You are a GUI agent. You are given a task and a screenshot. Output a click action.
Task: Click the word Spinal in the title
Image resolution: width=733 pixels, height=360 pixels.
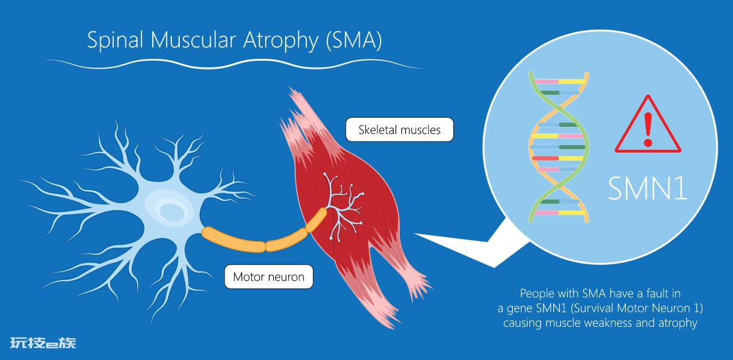[x=115, y=41]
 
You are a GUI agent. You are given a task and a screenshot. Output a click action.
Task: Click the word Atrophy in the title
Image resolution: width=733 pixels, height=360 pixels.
[x=281, y=41]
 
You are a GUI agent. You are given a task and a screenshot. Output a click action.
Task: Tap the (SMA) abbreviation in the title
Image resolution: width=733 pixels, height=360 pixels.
[x=354, y=41]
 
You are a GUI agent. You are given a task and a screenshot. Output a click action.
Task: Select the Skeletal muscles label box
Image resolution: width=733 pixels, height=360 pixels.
[x=400, y=129]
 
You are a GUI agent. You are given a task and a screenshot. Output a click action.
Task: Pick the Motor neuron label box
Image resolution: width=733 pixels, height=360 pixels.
[x=269, y=276]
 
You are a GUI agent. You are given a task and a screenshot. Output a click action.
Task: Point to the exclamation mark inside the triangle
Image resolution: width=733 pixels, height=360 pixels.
[x=648, y=130]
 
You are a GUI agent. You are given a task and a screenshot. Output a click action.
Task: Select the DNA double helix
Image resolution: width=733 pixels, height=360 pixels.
[x=559, y=147]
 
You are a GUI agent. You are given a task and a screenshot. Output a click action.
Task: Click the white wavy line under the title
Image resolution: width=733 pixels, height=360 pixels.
[x=234, y=64]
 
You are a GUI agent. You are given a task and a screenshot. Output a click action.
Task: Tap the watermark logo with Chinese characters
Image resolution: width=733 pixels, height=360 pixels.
[x=43, y=343]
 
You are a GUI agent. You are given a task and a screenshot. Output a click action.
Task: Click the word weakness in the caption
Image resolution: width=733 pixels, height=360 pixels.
[x=608, y=323]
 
